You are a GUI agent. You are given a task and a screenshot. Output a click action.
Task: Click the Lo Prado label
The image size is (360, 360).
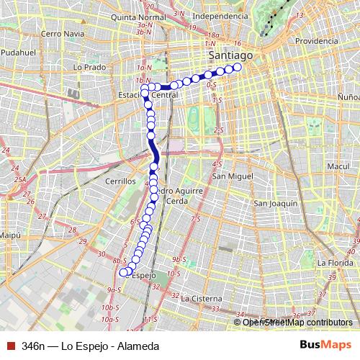pyautogui.click(x=89, y=67)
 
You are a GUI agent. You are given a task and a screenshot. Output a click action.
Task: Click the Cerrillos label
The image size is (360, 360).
pyautogui.click(x=120, y=181)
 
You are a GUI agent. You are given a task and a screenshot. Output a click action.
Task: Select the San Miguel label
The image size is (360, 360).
pyautogui.click(x=233, y=176)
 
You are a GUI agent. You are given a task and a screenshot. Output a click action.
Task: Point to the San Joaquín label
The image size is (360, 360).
pyautogui.click(x=275, y=204)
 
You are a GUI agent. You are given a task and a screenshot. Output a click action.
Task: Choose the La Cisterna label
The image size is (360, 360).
pyautogui.click(x=204, y=297)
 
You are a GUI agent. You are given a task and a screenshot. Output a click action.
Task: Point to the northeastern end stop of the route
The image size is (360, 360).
pyautogui.click(x=238, y=68)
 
